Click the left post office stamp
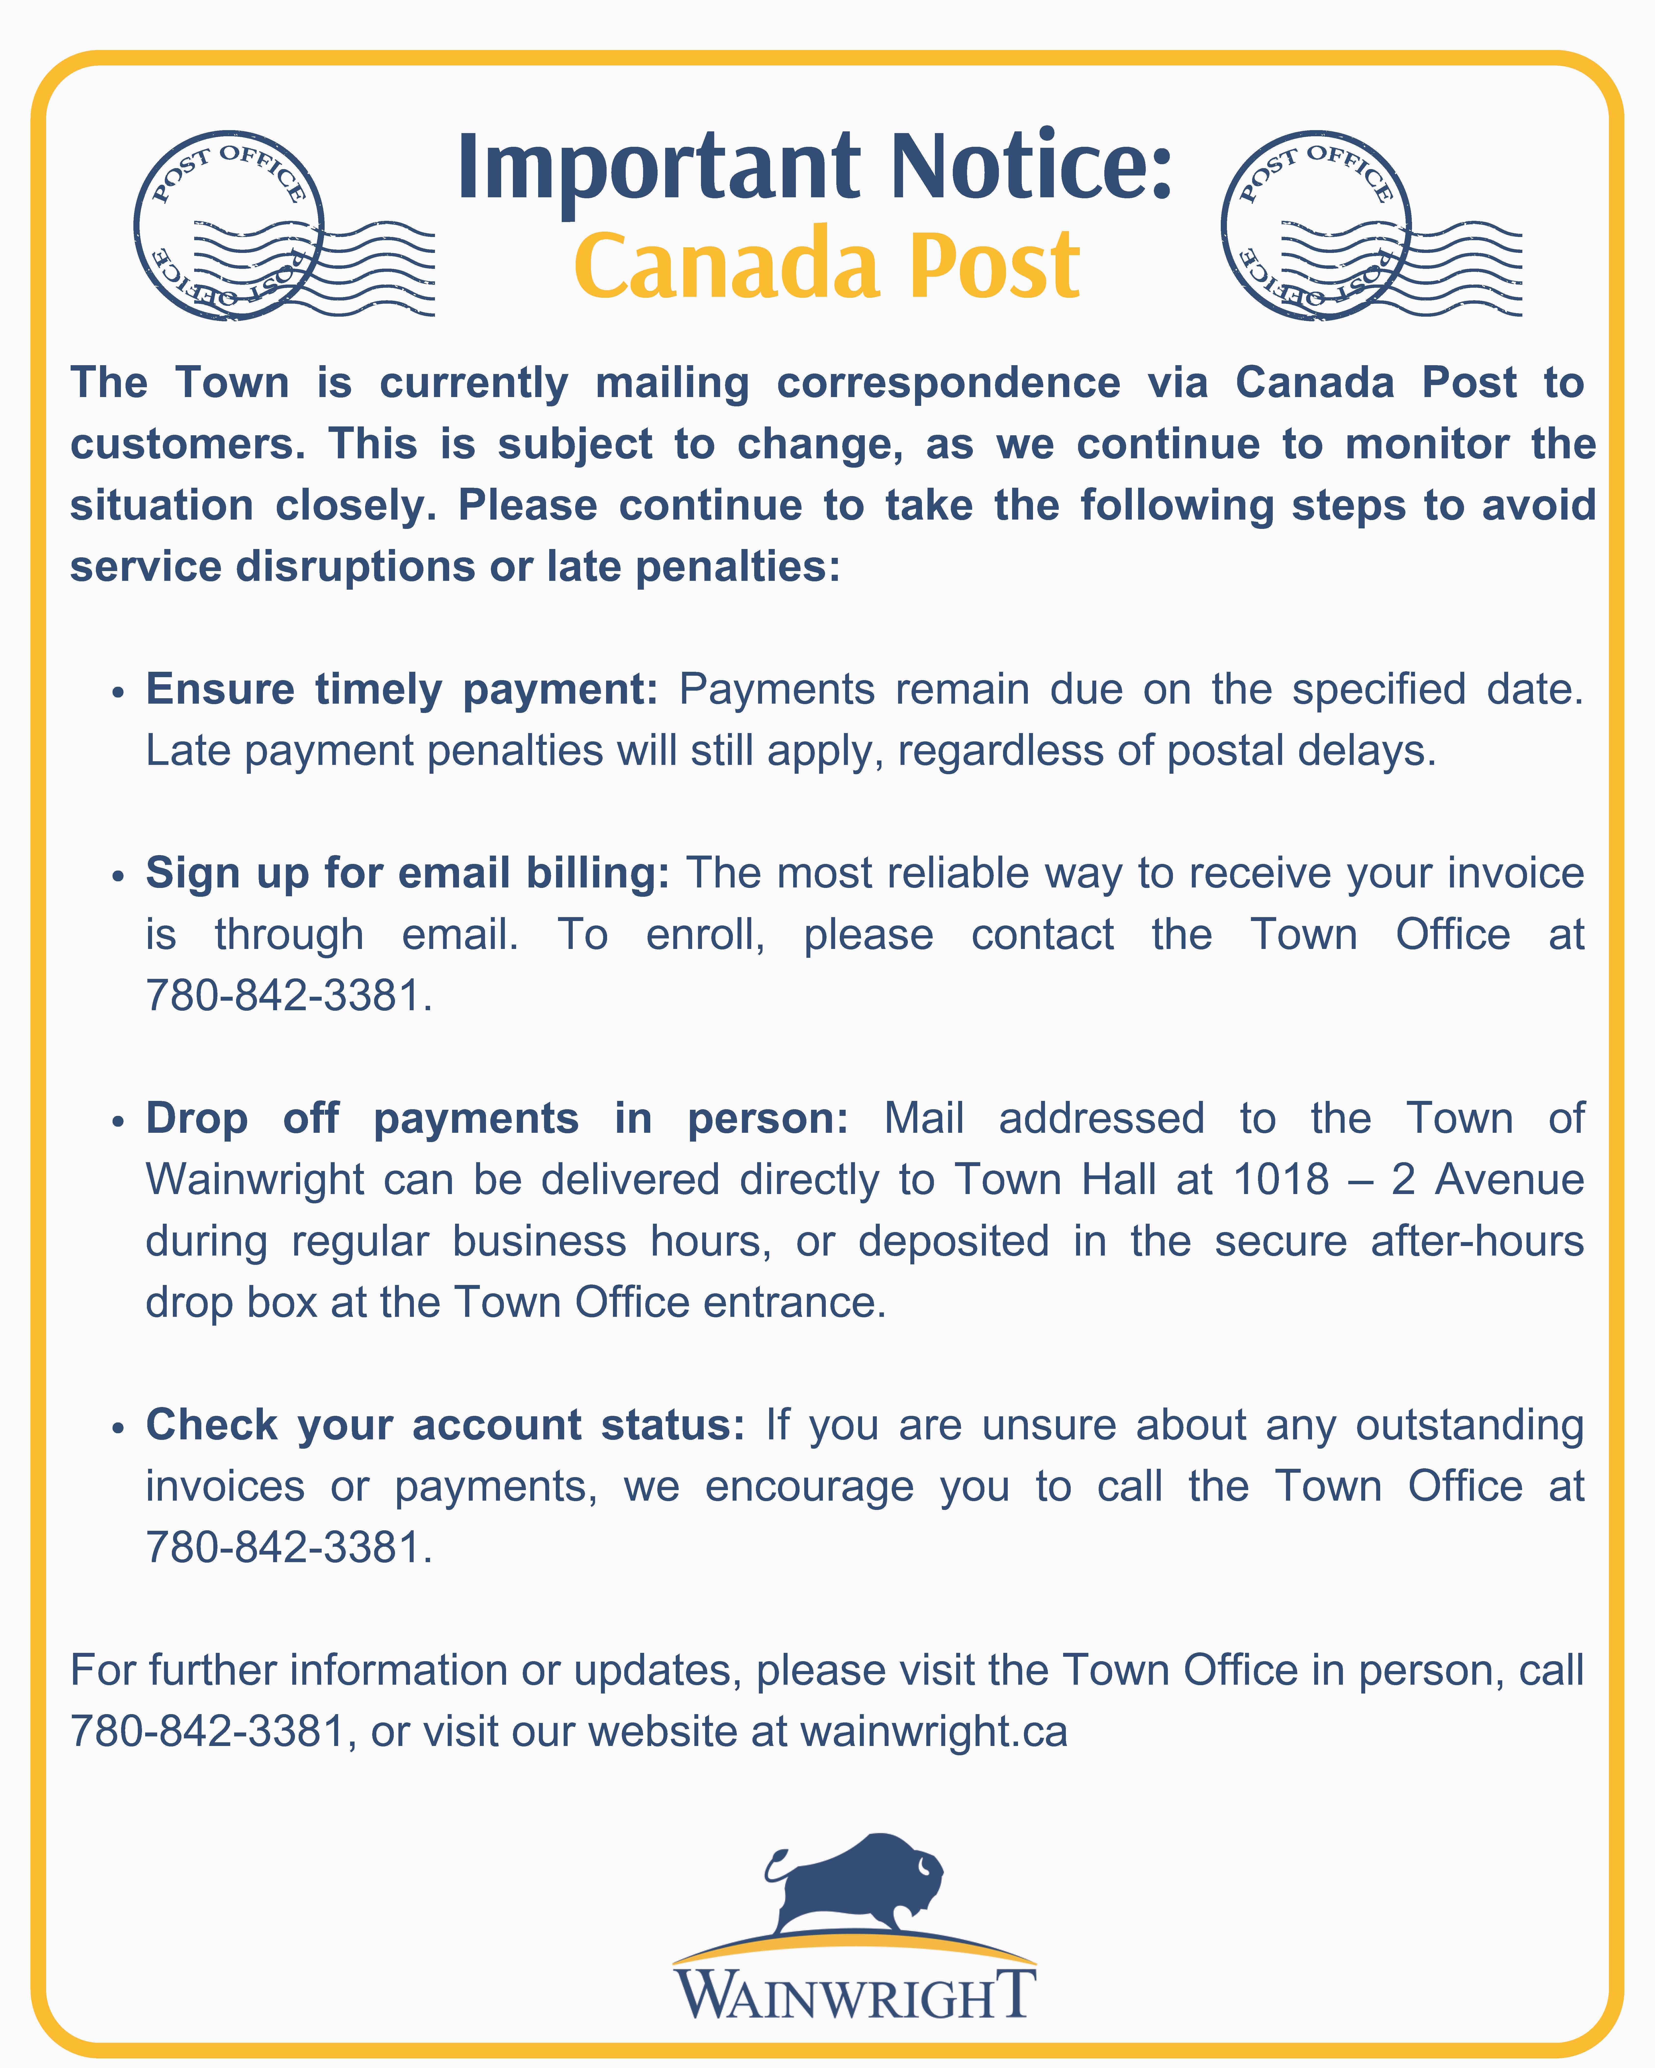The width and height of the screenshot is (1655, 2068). click(x=230, y=225)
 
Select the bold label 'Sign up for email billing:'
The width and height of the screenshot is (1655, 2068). click(x=407, y=873)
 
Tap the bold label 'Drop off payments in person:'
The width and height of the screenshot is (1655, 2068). click(x=497, y=1118)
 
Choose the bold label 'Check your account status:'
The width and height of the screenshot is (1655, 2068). click(x=445, y=1425)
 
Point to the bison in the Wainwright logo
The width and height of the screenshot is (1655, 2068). click(x=857, y=1885)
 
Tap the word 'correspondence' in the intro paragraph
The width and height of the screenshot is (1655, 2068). click(x=948, y=383)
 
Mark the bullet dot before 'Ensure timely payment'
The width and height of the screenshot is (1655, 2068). click(x=118, y=693)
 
